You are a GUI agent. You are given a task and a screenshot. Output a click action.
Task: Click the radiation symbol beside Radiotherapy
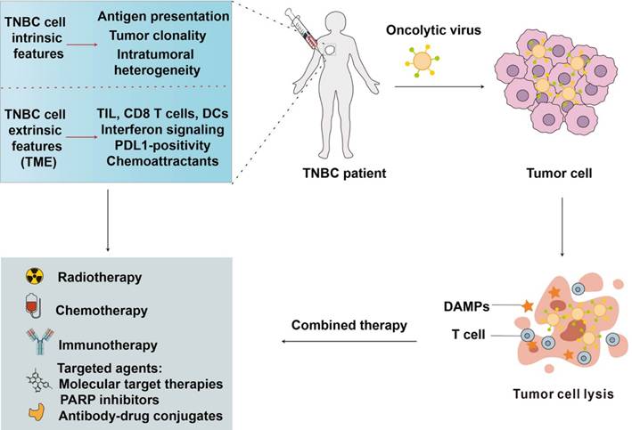pos(35,276)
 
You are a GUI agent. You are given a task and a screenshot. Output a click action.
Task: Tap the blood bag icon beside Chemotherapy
pos(34,305)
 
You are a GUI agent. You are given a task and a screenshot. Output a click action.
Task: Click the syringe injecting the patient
pos(306,33)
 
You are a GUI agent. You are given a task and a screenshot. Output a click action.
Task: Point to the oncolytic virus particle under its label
pos(422,61)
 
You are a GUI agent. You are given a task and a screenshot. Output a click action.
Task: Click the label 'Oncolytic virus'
pos(433,30)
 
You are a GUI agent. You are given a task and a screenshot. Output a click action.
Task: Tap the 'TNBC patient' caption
pos(344,173)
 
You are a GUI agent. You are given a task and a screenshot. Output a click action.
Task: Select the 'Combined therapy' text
pos(349,325)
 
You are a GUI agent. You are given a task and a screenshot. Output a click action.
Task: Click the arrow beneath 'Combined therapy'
pos(349,342)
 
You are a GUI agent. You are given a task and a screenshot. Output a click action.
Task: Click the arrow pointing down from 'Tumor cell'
pos(562,227)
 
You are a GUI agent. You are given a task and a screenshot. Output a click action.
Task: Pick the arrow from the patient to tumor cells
pos(439,86)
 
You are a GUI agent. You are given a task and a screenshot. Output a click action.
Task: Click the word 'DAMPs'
pos(466,306)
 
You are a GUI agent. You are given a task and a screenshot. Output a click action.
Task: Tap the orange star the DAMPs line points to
pos(528,306)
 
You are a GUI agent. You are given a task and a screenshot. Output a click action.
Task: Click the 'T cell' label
pos(468,334)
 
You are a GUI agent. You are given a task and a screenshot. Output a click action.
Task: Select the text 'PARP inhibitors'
pos(110,400)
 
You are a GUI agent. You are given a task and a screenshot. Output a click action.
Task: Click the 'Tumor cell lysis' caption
pos(563,393)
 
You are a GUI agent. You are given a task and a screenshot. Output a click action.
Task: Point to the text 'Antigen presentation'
pos(163,16)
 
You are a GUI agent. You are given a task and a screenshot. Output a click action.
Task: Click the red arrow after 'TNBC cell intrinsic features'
pos(82,45)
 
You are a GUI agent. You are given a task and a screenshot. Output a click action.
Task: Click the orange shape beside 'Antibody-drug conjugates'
pos(37,412)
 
